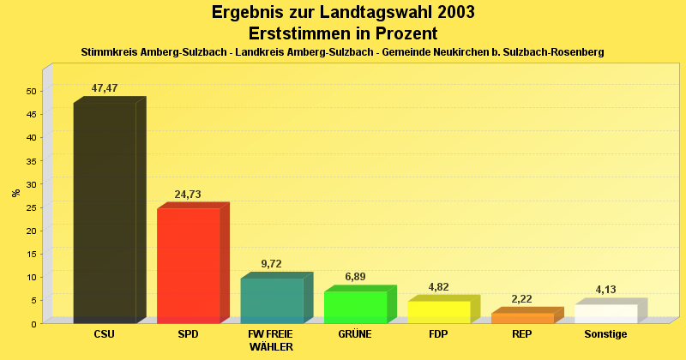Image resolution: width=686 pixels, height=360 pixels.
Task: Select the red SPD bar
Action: coord(188,266)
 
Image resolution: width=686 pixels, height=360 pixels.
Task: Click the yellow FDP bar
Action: coord(438,312)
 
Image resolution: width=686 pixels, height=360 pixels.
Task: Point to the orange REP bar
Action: coord(522,318)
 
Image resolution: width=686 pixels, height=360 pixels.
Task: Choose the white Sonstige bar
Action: coord(605,314)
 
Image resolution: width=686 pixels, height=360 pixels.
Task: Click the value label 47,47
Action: coord(105,88)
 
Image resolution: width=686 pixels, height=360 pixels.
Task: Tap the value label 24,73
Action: coord(188,195)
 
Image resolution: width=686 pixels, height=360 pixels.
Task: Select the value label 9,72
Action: coord(272,264)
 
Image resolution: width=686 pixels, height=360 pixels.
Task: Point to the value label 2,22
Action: coord(522,299)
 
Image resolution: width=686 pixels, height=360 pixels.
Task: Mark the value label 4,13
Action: coord(605,290)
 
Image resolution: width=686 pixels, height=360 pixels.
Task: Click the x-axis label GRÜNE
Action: coord(355,334)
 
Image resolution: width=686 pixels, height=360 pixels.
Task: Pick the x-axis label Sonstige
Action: coord(605,334)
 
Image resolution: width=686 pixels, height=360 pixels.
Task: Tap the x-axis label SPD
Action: coord(188,334)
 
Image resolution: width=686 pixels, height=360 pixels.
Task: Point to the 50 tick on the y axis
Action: coord(31,91)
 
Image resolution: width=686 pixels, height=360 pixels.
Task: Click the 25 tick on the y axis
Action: coord(31,207)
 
